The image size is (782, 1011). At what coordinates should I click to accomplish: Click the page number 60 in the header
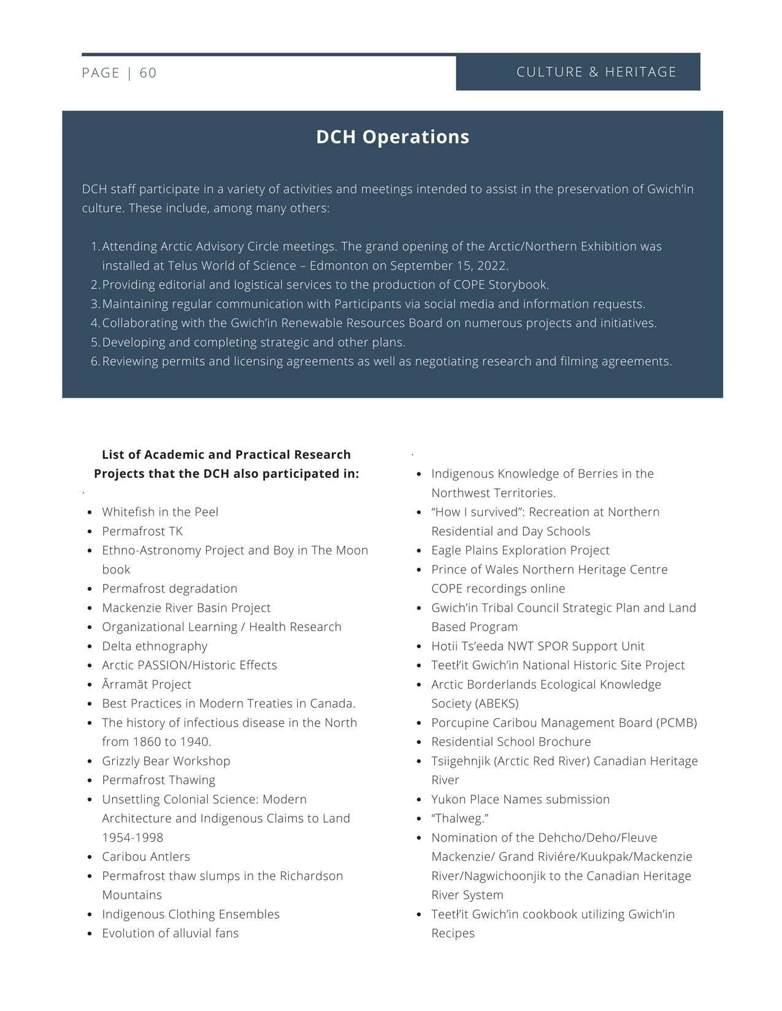(148, 73)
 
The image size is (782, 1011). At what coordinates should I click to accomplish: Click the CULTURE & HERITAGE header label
(596, 72)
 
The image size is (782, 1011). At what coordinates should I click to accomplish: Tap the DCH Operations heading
(393, 137)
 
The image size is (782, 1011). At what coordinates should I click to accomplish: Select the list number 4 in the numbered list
(95, 323)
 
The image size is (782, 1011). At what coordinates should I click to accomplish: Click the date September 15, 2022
(449, 266)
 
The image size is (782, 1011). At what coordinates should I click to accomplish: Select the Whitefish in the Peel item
(160, 512)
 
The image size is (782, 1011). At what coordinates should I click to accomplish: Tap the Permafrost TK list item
(142, 531)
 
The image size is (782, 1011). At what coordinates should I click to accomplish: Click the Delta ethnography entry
(155, 646)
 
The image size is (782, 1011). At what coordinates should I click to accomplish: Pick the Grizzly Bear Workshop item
(166, 761)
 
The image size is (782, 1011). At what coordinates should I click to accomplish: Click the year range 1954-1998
(132, 838)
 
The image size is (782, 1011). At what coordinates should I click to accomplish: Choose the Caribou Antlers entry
(146, 857)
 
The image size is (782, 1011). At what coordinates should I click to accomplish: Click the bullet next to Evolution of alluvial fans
(90, 934)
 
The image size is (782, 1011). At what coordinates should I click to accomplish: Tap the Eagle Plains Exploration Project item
(520, 550)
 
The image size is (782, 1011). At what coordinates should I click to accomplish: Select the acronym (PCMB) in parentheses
(677, 723)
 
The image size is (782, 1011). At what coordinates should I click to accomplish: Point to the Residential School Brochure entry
(511, 742)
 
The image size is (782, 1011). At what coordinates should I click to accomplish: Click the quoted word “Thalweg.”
(459, 819)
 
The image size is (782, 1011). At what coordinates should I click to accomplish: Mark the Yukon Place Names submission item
(520, 800)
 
